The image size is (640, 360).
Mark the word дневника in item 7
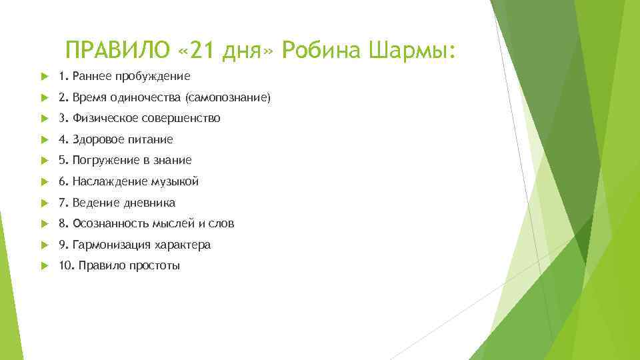click(151, 203)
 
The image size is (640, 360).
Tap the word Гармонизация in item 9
click(109, 245)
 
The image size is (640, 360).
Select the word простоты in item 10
click(157, 266)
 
